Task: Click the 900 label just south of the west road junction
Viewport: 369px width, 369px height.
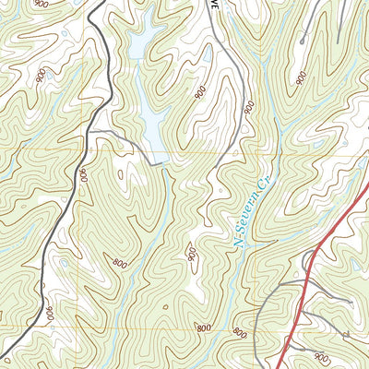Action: (82, 174)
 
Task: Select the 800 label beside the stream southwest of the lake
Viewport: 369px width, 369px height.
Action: (119, 262)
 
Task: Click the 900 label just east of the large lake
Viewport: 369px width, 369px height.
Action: (200, 92)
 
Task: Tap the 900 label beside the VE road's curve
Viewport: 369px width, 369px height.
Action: (249, 108)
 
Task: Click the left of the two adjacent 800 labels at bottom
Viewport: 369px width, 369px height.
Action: (203, 327)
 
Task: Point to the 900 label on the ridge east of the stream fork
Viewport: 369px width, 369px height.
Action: (302, 79)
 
